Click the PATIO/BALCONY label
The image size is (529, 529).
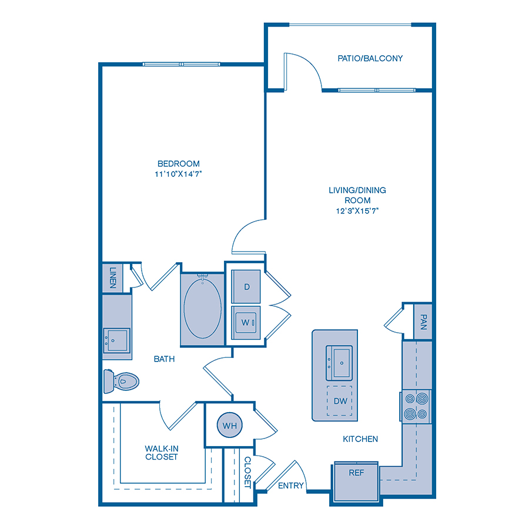pos(370,58)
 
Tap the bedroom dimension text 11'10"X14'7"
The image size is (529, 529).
pos(178,174)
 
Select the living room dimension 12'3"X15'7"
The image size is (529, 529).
pos(357,211)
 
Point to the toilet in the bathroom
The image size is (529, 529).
pos(121,381)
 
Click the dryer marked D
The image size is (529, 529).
pos(246,286)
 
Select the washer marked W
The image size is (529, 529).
pos(246,323)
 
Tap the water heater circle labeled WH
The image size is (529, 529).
pos(230,425)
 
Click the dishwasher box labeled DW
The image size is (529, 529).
pos(339,401)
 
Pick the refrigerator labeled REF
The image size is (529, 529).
pos(356,481)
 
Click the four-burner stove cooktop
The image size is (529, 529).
pos(416,406)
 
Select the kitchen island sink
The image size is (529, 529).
pos(339,363)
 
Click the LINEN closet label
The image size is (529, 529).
pos(113,277)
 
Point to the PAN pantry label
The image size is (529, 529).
pos(423,322)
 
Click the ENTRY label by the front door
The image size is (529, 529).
pos(291,486)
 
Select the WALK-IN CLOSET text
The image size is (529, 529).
pos(162,453)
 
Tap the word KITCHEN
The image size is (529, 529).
pos(360,439)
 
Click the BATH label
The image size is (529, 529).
pos(165,359)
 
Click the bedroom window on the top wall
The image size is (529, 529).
pos(182,64)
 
